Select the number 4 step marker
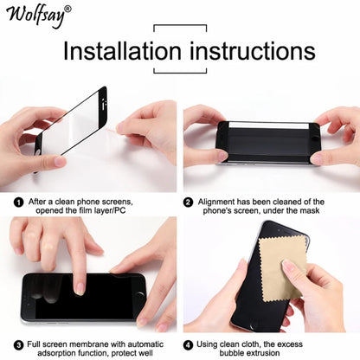(189, 343)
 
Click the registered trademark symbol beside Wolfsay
(68, 9)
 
